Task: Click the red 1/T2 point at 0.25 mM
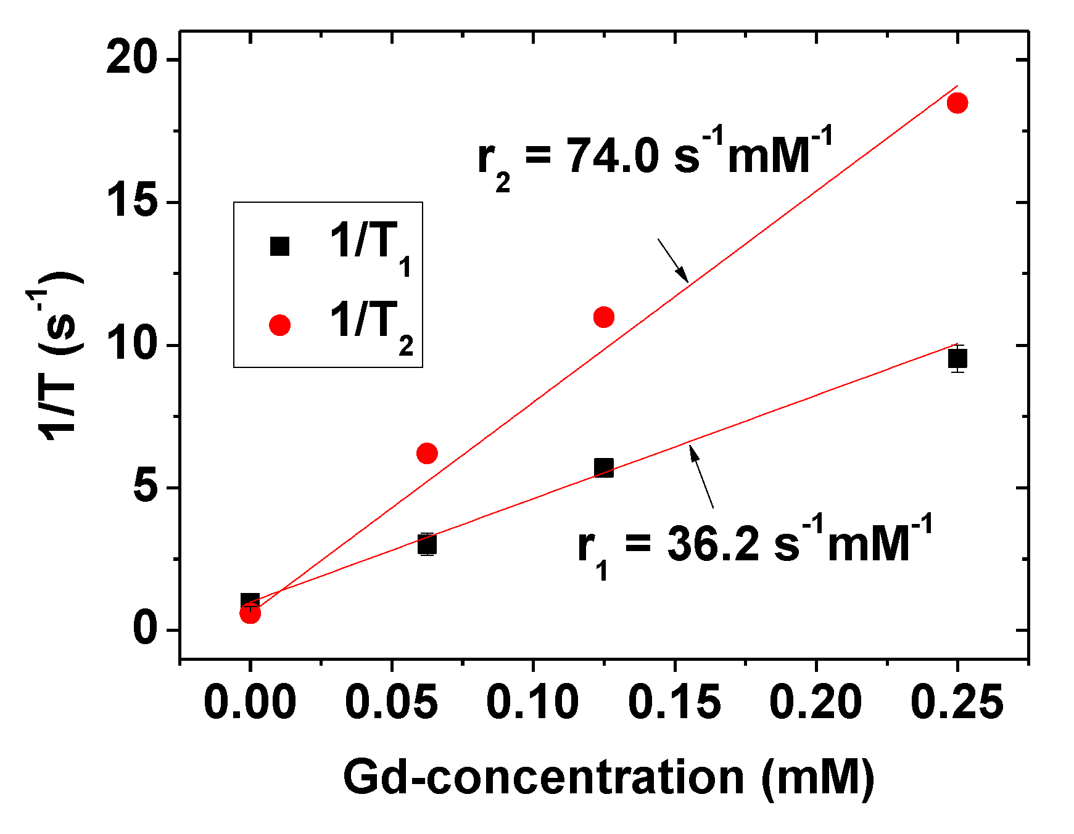(x=957, y=103)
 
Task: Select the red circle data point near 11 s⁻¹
(x=603, y=317)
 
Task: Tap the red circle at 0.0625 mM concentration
(x=427, y=454)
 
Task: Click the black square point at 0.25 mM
(x=957, y=358)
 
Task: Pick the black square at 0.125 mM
(x=603, y=468)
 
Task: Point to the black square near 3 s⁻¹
(x=427, y=544)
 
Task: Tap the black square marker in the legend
(x=279, y=246)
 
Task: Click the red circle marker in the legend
(x=279, y=325)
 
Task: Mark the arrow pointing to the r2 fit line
(x=673, y=260)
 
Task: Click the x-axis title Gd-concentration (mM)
(x=608, y=777)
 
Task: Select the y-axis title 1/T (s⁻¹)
(x=59, y=354)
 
